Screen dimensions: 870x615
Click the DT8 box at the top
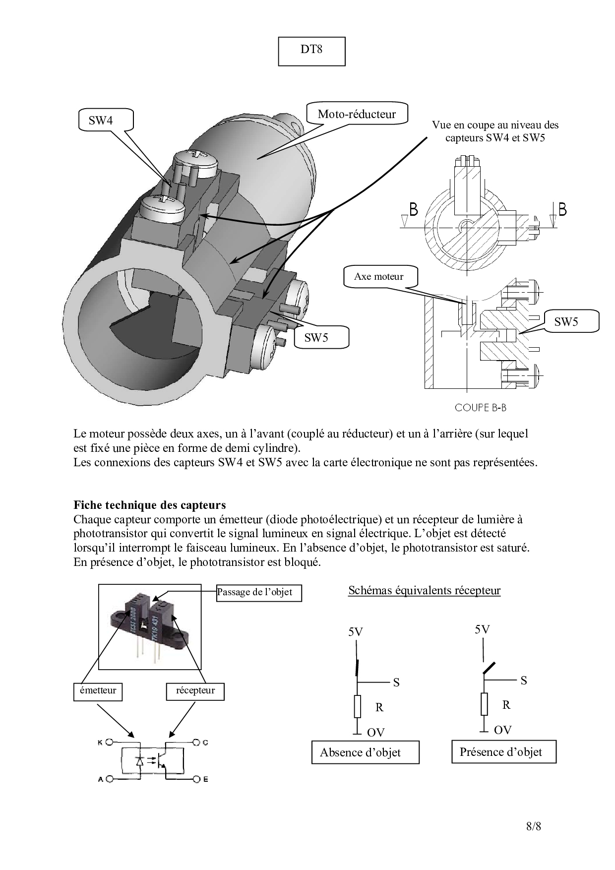pyautogui.click(x=311, y=51)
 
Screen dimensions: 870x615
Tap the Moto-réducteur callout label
pyautogui.click(x=357, y=114)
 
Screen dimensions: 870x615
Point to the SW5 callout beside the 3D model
pyautogui.click(x=317, y=338)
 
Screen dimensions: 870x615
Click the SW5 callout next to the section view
pyautogui.click(x=566, y=321)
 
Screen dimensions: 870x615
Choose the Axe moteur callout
pyautogui.click(x=379, y=276)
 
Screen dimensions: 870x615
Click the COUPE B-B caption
pyautogui.click(x=481, y=408)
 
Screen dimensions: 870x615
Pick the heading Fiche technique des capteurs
pyautogui.click(x=150, y=505)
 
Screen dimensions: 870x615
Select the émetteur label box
pyautogui.click(x=98, y=691)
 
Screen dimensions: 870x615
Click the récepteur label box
pyautogui.click(x=195, y=691)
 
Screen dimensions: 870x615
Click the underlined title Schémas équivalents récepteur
pyautogui.click(x=424, y=590)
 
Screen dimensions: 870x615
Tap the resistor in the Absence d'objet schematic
pyautogui.click(x=357, y=706)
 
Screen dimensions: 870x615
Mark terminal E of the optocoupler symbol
pyautogui.click(x=197, y=779)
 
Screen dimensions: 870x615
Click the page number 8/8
pyautogui.click(x=534, y=826)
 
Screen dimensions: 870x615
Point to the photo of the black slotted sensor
pyautogui.click(x=149, y=627)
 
